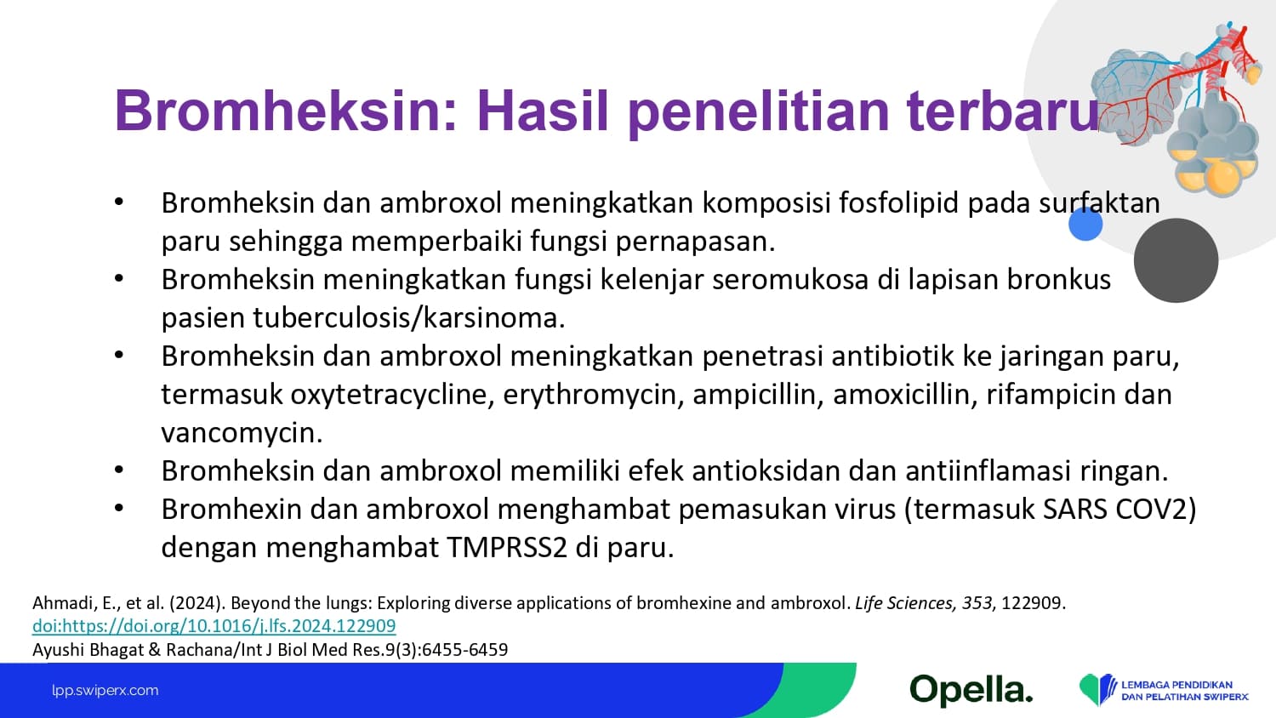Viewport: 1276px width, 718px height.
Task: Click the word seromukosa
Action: click(790, 280)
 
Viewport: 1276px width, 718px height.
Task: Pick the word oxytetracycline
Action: click(392, 395)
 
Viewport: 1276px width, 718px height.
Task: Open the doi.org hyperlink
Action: click(214, 626)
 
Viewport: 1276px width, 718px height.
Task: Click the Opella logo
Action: click(971, 691)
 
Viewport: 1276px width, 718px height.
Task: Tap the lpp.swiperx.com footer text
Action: click(105, 691)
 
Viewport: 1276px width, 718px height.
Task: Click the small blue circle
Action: click(1085, 224)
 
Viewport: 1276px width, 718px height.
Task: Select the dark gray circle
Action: click(1176, 260)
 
